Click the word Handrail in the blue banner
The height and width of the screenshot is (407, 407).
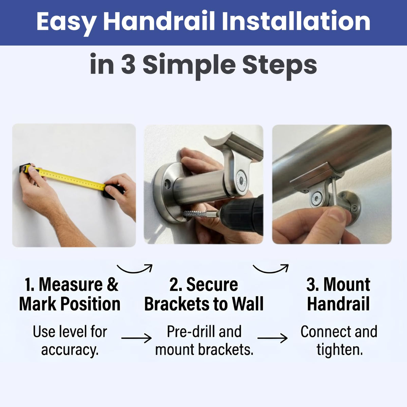tap(159, 21)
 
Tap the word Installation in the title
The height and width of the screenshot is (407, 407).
tap(296, 21)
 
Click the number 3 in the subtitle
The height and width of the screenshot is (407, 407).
tap(128, 64)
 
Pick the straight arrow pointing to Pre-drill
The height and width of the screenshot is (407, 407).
tap(136, 338)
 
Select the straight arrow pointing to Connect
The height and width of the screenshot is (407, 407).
tap(272, 338)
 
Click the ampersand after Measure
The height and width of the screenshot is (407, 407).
tap(112, 285)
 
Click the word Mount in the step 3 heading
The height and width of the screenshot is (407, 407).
tap(347, 285)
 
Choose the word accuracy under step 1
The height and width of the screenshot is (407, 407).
tap(70, 351)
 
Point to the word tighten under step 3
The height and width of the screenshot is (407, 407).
tap(340, 350)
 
